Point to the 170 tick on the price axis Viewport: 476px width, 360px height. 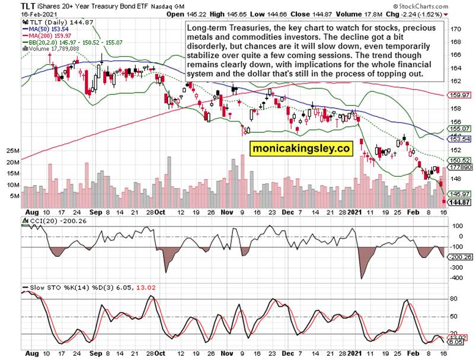coord(456,28)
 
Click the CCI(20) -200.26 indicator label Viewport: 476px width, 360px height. coord(53,221)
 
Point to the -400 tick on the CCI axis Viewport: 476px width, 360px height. coord(456,277)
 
